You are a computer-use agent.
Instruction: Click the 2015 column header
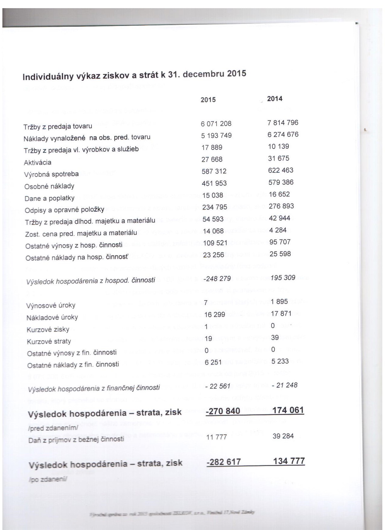[x=208, y=100]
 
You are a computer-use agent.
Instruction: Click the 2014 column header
[x=275, y=99]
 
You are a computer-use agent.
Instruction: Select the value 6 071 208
[x=216, y=124]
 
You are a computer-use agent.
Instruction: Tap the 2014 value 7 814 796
[x=283, y=123]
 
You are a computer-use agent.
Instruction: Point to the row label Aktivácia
[x=38, y=162]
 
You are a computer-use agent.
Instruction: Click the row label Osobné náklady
[x=49, y=186]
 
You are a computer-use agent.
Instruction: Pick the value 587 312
[x=214, y=172]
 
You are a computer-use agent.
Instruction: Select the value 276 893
[x=281, y=206]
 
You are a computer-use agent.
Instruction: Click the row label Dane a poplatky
[x=49, y=198]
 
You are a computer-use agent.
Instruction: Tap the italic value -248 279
[x=217, y=278]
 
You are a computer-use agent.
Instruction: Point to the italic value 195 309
[x=283, y=278]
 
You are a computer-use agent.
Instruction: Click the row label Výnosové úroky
[x=51, y=305]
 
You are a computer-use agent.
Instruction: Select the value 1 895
[x=279, y=302]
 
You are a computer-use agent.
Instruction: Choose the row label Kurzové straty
[x=49, y=342]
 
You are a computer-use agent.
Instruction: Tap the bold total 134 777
[x=289, y=461]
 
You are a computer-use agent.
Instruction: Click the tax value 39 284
[x=283, y=436]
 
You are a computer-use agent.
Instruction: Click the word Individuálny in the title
[x=49, y=77]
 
